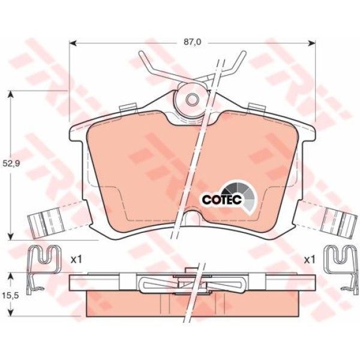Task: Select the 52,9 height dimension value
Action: coord(11,163)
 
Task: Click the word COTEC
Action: coord(222,200)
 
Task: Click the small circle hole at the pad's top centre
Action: coord(193,100)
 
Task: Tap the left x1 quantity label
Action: coord(76,260)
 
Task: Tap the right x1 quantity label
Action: coord(310,260)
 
